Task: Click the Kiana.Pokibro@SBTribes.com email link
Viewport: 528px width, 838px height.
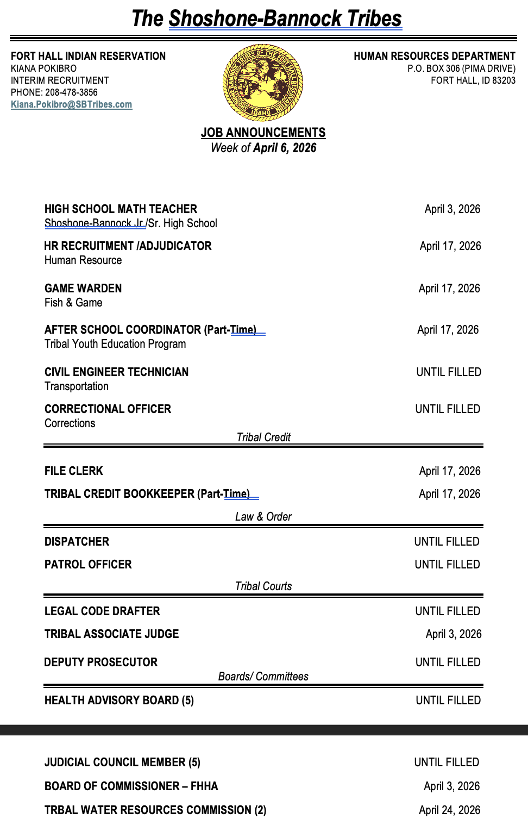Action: click(x=71, y=104)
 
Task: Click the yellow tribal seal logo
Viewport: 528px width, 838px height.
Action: click(x=263, y=83)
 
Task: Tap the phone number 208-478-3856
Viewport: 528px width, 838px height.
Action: click(x=71, y=92)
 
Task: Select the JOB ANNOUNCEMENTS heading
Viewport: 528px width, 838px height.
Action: click(x=263, y=133)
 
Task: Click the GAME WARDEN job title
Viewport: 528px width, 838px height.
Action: click(x=83, y=289)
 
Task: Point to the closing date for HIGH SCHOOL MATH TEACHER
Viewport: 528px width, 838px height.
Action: click(x=452, y=209)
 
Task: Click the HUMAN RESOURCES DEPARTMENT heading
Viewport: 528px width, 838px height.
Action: click(x=434, y=56)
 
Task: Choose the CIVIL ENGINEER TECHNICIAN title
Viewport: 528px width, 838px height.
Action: click(x=116, y=372)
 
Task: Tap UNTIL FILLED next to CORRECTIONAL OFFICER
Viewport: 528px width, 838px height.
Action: click(x=448, y=409)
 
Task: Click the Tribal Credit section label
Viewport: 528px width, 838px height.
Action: click(x=263, y=437)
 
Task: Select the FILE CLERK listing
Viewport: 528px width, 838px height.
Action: click(x=74, y=471)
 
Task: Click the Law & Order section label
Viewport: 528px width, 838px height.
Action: click(x=263, y=517)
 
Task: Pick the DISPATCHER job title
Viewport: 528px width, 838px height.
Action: click(x=77, y=542)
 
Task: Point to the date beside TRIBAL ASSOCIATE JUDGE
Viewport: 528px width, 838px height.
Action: click(x=453, y=634)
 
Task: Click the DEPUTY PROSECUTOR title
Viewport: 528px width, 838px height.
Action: click(x=100, y=662)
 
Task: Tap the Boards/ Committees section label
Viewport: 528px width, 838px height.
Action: click(x=263, y=677)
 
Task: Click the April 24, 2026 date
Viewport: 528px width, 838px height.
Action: click(x=449, y=810)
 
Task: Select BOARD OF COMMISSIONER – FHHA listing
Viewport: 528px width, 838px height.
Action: click(x=131, y=786)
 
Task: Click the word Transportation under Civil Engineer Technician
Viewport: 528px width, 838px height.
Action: click(x=77, y=386)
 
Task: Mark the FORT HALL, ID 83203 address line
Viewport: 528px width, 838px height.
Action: click(x=473, y=80)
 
